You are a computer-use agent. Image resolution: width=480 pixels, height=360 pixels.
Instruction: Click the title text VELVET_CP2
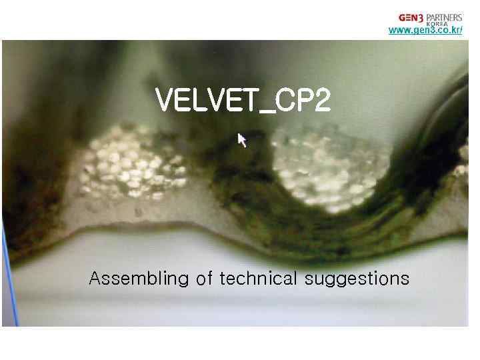(243, 101)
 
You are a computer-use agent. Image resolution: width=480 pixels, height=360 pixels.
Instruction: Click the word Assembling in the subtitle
(139, 279)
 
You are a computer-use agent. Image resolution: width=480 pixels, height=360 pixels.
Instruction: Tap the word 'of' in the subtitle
(204, 278)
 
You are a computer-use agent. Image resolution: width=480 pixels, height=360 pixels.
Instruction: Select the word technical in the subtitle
(257, 277)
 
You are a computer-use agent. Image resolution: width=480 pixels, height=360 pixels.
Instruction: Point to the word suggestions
(357, 279)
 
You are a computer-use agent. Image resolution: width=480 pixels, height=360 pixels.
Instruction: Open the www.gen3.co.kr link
(425, 31)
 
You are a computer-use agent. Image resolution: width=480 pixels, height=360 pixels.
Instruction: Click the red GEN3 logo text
(411, 17)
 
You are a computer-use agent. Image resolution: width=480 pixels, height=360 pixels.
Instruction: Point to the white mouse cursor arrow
(242, 139)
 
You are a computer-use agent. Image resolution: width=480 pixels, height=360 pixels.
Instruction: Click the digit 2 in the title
(319, 101)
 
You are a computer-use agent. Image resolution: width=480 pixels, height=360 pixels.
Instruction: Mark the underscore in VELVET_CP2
(267, 110)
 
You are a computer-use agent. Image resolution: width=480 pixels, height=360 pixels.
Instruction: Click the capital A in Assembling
(95, 277)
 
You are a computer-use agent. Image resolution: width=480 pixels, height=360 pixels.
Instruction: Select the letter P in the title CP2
(299, 101)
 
